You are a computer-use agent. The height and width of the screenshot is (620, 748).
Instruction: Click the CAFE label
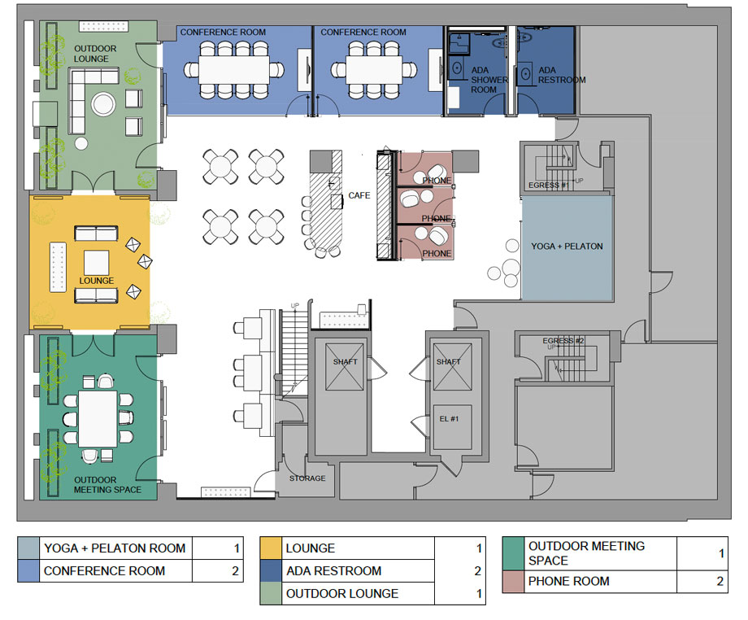(x=359, y=195)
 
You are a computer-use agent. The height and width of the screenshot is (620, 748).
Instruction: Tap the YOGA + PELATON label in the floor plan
(x=567, y=246)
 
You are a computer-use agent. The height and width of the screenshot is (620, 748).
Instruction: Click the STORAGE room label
(x=307, y=478)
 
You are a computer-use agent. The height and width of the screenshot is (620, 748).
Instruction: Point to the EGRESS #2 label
(x=564, y=340)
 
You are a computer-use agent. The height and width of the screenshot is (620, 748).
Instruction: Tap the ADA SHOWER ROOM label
(x=489, y=80)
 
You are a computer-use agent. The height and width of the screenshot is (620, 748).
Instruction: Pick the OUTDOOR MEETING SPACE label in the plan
(x=107, y=484)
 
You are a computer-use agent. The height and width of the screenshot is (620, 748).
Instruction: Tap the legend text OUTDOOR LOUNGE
(x=341, y=594)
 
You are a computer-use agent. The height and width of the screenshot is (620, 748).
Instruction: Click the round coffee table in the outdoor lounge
(x=105, y=104)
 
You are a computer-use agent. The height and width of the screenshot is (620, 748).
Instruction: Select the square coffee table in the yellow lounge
(x=97, y=263)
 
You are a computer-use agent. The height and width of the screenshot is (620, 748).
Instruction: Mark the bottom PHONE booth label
(x=437, y=254)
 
